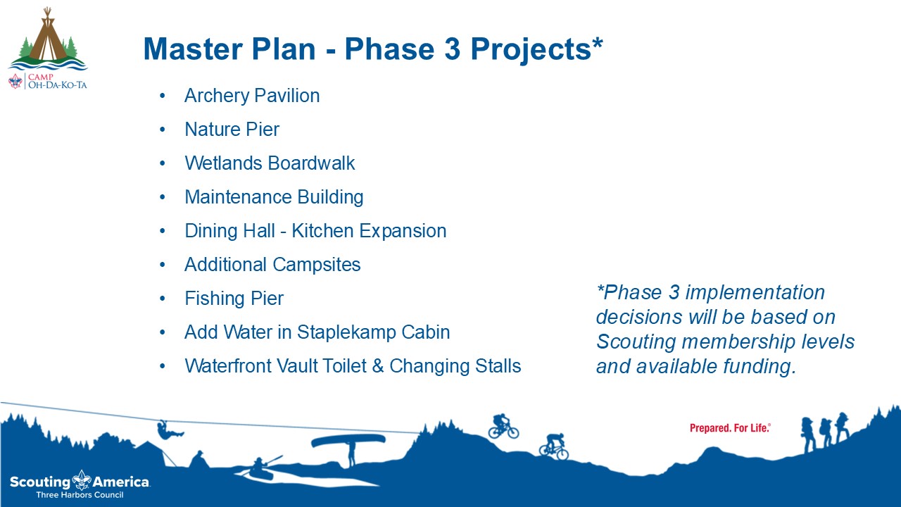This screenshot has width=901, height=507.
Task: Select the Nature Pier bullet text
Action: coord(232,130)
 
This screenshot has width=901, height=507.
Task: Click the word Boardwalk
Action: coord(311,163)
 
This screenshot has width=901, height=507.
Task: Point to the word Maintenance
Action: coord(238,197)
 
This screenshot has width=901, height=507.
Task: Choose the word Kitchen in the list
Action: coord(322,231)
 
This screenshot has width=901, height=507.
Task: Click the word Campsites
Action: coord(317,265)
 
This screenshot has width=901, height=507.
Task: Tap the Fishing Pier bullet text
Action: coord(234,299)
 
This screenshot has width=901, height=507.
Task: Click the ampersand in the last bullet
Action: coord(378,367)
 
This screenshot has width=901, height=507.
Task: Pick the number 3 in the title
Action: coord(452,49)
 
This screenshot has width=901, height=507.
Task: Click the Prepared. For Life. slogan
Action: coord(730,428)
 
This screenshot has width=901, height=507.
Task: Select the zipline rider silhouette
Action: coord(170,430)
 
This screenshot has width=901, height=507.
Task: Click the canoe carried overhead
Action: coord(348,441)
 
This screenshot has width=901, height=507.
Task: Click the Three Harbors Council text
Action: coord(80,495)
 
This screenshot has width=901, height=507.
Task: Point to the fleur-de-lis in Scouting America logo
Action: coord(82,480)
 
